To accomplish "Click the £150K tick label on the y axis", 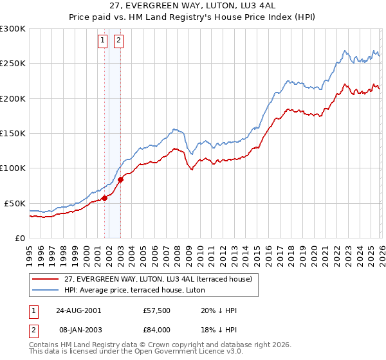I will [x=13, y=133].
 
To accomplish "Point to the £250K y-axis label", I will [x=13, y=64].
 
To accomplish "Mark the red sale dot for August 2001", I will [x=104, y=198].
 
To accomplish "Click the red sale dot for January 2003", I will [x=120, y=179].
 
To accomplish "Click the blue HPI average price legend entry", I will [x=134, y=290].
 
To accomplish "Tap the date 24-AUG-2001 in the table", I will [x=78, y=310].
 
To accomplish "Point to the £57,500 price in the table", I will [x=157, y=310].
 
